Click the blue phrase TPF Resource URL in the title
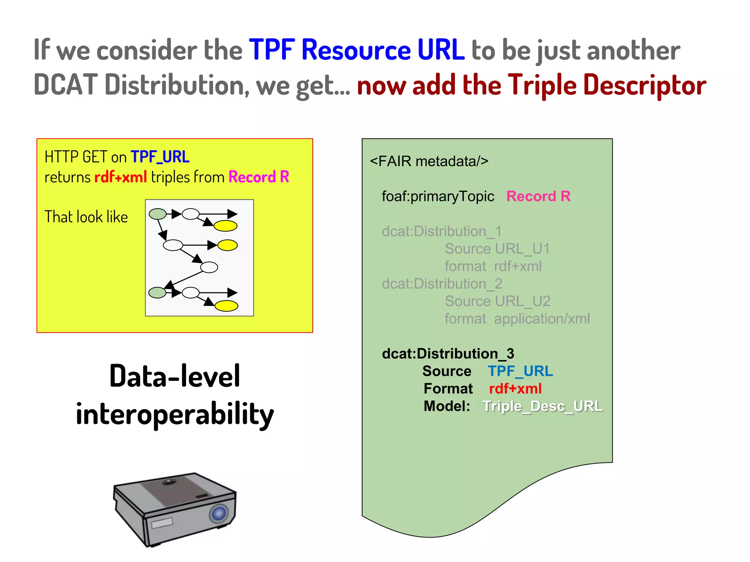coord(356,50)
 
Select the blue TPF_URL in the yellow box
coord(160,157)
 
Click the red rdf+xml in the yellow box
coord(120,177)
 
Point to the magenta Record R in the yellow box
coord(259,177)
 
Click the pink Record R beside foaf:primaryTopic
coord(538,196)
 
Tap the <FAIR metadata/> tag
coord(429,161)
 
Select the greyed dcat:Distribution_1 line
coord(441,231)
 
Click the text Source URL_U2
coord(497,301)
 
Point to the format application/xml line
coord(517,319)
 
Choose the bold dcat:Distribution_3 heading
coord(448,353)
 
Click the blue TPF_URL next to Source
coord(520,371)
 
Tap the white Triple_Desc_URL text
coord(542,406)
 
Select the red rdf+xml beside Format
coord(515,389)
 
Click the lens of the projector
coord(219,514)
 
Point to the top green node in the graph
coord(158,214)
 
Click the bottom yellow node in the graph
coord(226,306)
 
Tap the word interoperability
coord(175,414)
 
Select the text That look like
coord(86,217)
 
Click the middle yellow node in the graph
coord(227,245)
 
